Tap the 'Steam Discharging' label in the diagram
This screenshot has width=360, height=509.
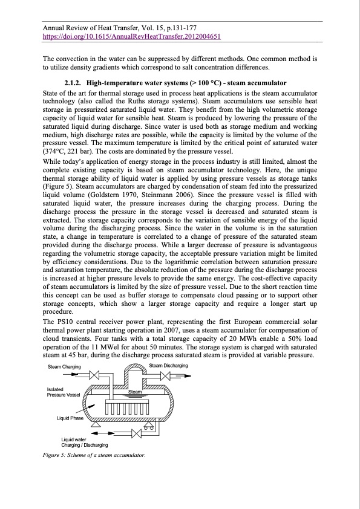[x=168, y=366]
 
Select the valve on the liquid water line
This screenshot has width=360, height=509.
[x=137, y=433]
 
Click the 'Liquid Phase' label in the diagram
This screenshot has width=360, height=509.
[x=70, y=418]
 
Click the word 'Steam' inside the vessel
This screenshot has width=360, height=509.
[x=135, y=392]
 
